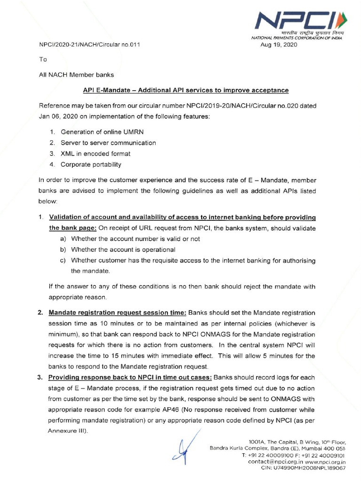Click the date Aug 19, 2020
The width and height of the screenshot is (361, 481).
click(279, 45)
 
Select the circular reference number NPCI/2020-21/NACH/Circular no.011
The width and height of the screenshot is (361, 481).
click(89, 45)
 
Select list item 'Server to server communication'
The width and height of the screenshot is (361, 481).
click(108, 142)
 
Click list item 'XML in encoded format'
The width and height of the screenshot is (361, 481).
click(95, 153)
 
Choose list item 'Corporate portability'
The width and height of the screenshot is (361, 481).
click(91, 164)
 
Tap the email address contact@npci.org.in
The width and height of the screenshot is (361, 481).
click(271, 462)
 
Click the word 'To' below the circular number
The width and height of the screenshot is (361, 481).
click(43, 60)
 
